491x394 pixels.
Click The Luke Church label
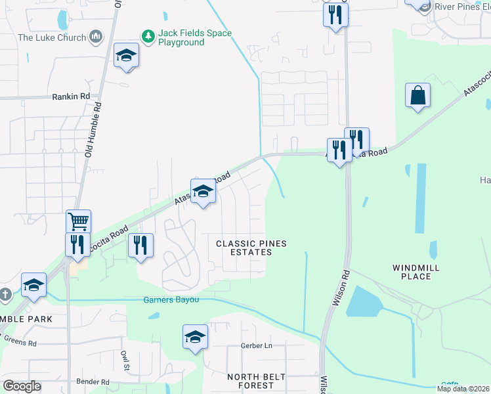[52, 37]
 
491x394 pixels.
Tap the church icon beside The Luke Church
[96, 35]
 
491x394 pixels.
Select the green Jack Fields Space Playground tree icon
[148, 35]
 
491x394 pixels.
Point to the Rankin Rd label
[70, 97]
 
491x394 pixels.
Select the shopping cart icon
[78, 222]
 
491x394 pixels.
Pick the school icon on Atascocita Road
[203, 192]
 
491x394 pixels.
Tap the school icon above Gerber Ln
[195, 338]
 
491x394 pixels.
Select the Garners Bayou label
[171, 301]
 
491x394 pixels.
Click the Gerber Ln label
[256, 345]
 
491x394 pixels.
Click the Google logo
[22, 386]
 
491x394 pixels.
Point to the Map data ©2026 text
[463, 389]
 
